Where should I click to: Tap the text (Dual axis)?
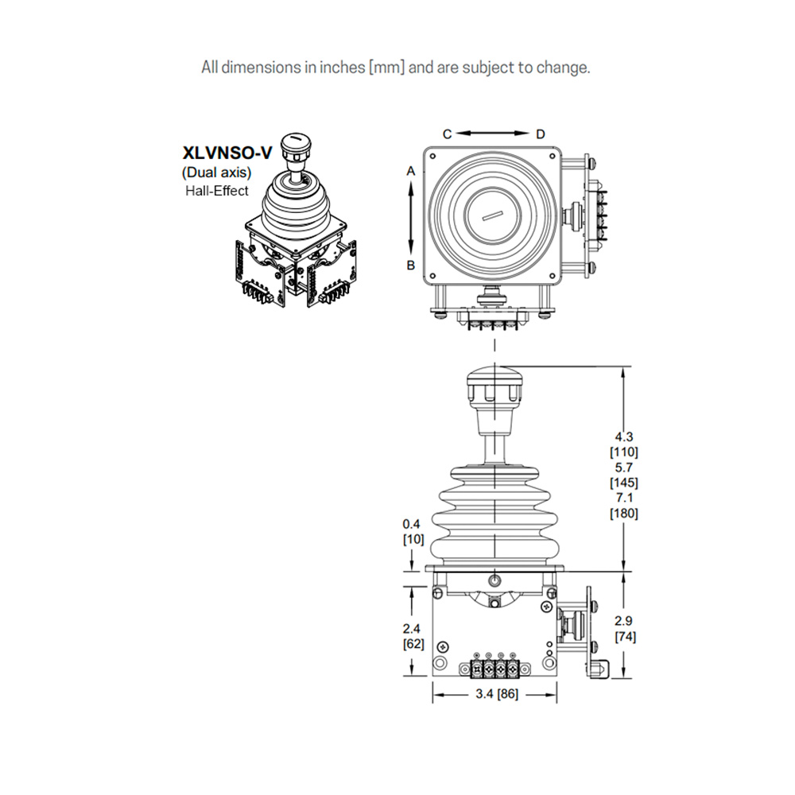216,173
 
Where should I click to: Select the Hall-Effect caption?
216,190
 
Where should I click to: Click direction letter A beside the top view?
411,171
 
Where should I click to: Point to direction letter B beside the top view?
411,266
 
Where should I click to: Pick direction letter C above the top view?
447,134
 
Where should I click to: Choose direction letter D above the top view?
541,134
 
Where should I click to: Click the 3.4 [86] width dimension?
496,694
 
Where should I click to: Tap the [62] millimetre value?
413,644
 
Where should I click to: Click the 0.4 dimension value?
411,524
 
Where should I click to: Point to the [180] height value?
623,513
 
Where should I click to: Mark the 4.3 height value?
623,436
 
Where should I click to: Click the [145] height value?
623,483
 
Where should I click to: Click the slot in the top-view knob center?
493,215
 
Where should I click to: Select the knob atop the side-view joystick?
494,385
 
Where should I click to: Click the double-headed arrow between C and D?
494,134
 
